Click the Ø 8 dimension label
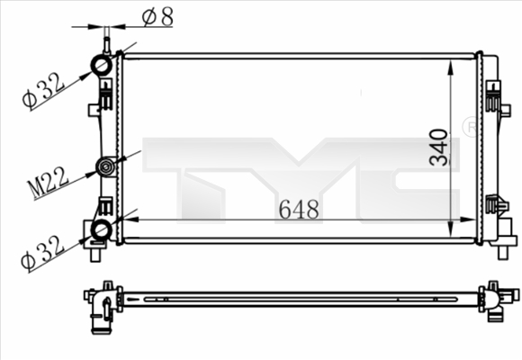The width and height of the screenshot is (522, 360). [157, 15]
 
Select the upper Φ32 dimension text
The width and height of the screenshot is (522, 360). [42, 90]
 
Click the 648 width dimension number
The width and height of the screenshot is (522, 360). [298, 210]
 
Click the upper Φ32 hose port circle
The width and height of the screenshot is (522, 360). [102, 66]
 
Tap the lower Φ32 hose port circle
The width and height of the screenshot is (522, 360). [102, 230]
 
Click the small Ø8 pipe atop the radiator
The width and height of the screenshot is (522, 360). [106, 41]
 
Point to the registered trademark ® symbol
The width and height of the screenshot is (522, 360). [469, 127]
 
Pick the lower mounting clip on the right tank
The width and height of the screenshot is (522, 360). [493, 205]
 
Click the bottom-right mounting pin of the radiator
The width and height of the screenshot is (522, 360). [502, 251]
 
